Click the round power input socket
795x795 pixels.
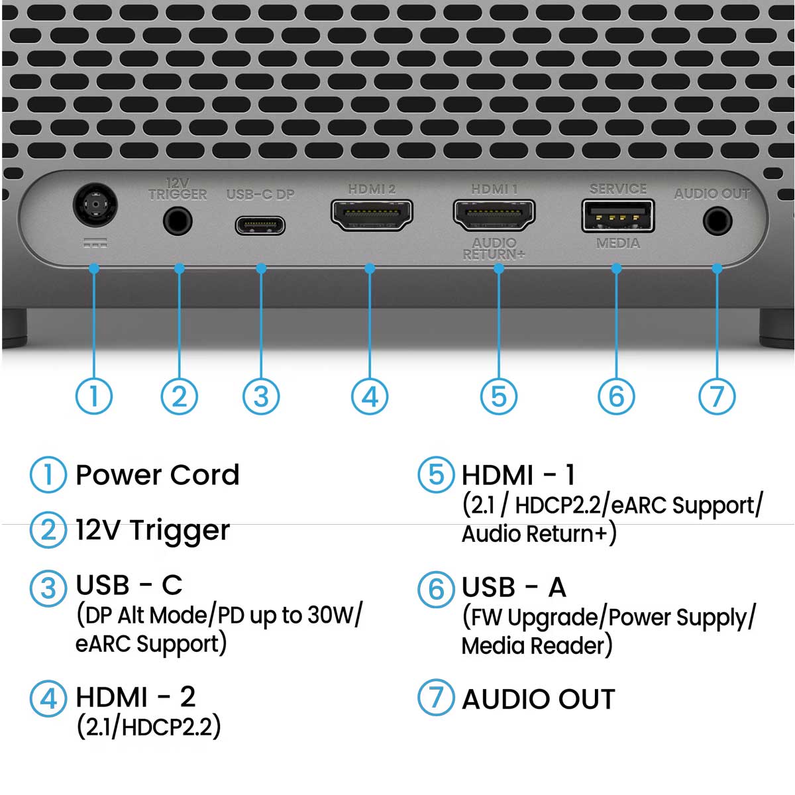pos(95,205)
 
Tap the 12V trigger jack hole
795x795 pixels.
pos(178,221)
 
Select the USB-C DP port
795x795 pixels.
pos(260,226)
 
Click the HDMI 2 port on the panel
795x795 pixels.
pos(371,215)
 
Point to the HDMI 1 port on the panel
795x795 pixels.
pos(494,215)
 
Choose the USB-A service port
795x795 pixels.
pos(617,216)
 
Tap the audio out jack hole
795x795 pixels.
pos(717,221)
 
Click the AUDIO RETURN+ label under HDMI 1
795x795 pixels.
pos(494,249)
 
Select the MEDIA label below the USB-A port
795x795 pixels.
pos(618,244)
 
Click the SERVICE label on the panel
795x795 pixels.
pos(618,189)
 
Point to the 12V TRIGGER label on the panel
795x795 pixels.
pos(178,189)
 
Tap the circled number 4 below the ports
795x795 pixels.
pos(370,396)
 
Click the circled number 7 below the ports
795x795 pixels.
pos(717,396)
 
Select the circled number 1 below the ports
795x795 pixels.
pos(94,396)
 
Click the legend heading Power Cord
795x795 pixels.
pos(158,475)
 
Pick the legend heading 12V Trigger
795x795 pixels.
pos(152,531)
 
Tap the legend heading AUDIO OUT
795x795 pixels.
pos(539,700)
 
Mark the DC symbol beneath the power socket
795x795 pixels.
pos(95,243)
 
